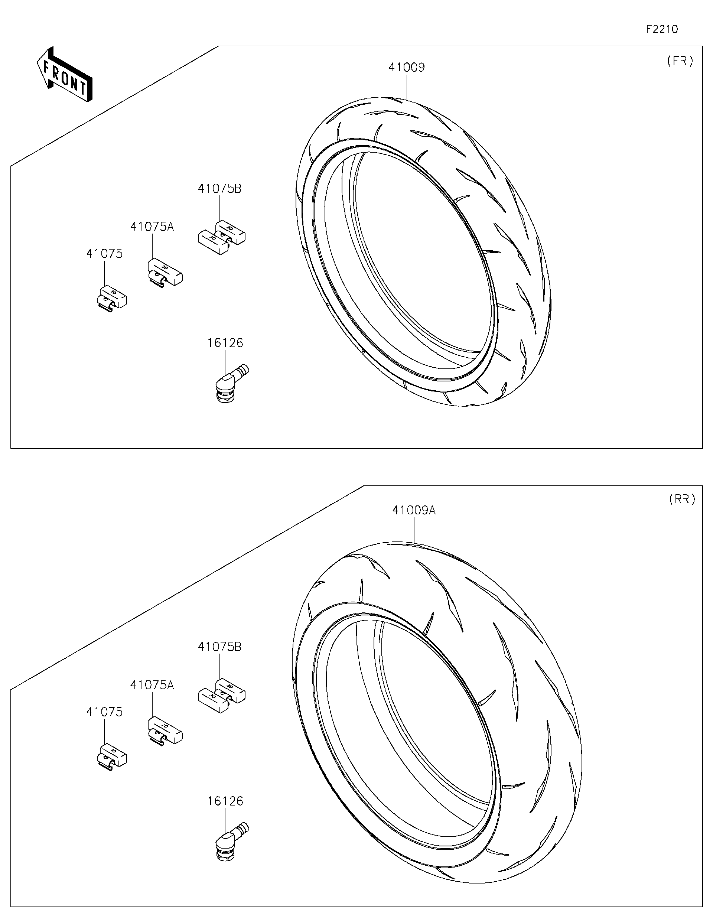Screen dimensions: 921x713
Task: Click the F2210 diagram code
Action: point(661,29)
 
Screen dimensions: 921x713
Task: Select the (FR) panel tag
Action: point(680,61)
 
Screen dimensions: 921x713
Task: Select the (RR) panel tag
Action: point(682,499)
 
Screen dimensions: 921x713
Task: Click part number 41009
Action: point(407,68)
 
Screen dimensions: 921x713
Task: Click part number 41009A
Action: point(414,510)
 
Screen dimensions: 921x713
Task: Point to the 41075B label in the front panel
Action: point(219,189)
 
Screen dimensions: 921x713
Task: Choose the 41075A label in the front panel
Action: point(152,227)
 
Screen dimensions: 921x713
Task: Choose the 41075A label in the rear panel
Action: point(152,685)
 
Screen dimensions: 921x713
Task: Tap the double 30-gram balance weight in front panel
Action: point(222,237)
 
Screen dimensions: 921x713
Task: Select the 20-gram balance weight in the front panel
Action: point(165,273)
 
